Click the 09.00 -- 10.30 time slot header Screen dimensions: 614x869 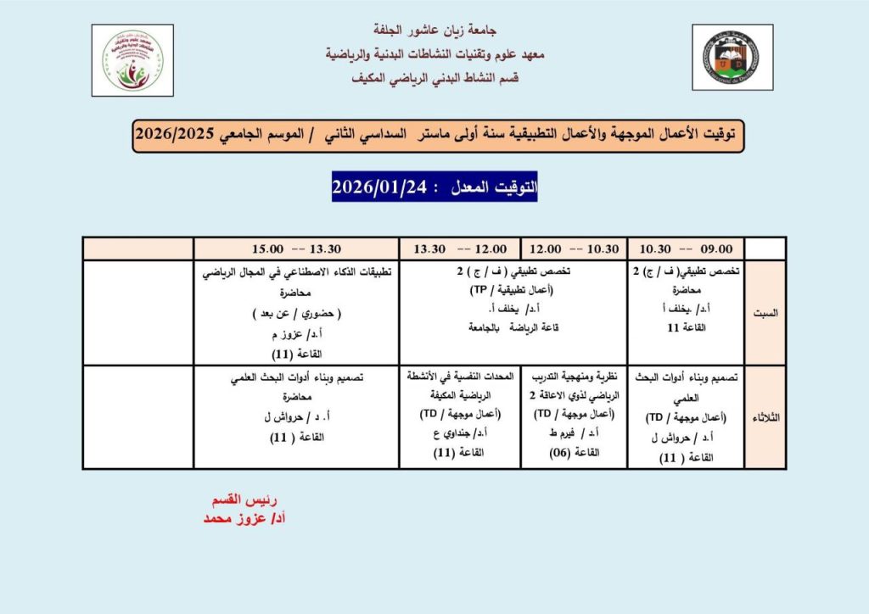[x=687, y=248]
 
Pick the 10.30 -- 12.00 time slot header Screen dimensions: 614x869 [x=575, y=248]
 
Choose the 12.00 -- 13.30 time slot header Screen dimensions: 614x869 [x=460, y=248]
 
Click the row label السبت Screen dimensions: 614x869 [x=765, y=312]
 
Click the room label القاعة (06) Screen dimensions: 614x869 [x=575, y=452]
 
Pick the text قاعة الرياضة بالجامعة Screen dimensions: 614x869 [x=460, y=327]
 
